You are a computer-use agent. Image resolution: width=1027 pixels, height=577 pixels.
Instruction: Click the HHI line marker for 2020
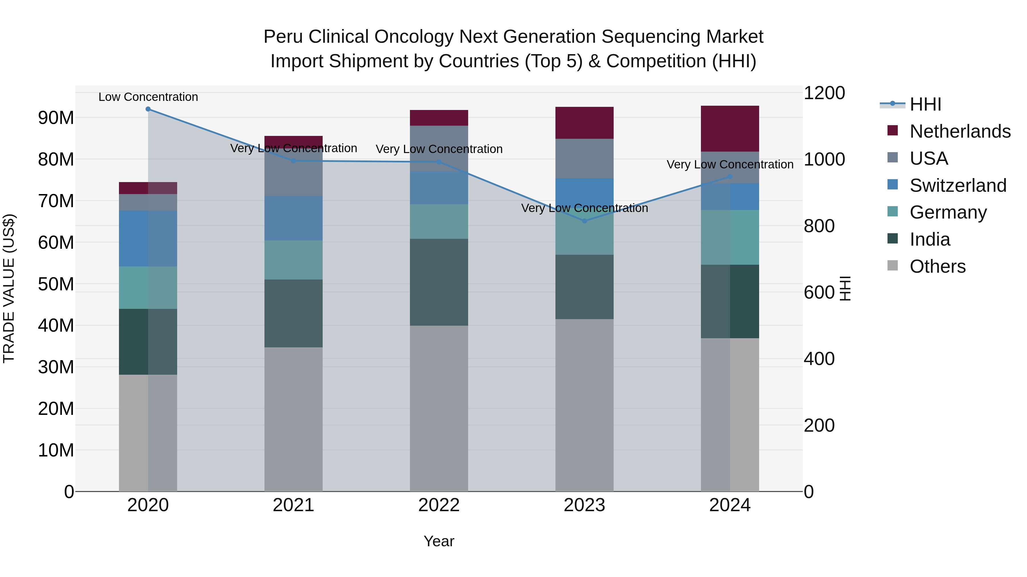point(148,109)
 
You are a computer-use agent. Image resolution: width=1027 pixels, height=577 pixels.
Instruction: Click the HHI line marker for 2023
point(585,221)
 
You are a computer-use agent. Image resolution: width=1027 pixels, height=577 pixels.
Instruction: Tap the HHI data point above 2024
point(730,177)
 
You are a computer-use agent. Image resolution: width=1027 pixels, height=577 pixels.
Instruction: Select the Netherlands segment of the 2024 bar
point(730,129)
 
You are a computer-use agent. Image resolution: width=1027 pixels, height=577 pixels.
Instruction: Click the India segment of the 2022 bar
point(439,282)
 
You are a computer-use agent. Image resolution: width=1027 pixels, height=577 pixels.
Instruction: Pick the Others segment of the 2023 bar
point(585,405)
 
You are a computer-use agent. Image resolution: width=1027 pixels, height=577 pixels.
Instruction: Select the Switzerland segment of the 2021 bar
point(294,218)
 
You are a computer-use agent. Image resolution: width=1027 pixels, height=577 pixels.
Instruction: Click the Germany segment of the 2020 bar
point(148,288)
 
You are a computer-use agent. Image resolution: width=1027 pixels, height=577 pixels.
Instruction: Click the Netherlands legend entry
point(960,131)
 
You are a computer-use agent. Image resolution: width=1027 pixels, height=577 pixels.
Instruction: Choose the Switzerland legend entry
point(958,185)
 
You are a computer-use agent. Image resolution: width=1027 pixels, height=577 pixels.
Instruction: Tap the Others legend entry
point(937,266)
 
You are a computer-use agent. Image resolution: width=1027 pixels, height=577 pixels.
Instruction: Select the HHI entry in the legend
point(925,104)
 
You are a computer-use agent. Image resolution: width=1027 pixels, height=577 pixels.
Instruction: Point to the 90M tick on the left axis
point(56,118)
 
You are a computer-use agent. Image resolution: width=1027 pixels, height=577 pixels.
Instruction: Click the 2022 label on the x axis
point(439,505)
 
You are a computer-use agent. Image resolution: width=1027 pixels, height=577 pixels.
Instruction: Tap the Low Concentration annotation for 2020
point(148,97)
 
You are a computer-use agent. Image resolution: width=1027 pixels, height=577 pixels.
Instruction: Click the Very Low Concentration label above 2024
point(730,164)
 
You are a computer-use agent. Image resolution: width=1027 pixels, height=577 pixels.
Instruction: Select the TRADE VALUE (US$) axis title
point(9,288)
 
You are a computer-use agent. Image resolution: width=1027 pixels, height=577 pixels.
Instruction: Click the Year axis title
point(439,541)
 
